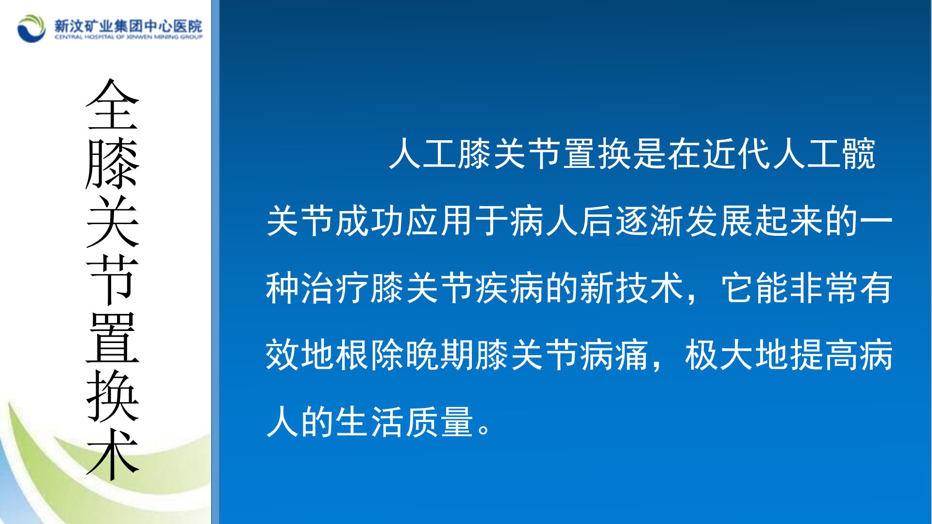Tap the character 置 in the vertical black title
pos(113,338)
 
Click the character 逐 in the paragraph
pos(633,221)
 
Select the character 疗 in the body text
pos(353,288)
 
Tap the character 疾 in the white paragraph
pos(493,288)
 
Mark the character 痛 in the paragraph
pos(633,355)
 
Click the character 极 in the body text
pos(702,355)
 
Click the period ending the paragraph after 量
pos(484,429)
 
